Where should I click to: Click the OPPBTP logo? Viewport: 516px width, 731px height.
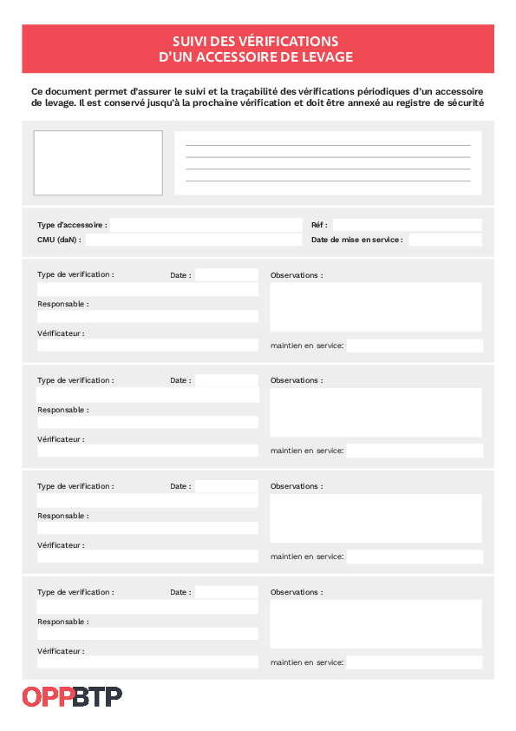coord(72,696)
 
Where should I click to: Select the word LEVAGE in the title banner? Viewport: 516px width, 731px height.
coord(330,56)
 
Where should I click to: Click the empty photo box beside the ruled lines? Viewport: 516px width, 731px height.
coord(98,162)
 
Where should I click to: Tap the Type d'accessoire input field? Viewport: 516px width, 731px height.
coord(205,225)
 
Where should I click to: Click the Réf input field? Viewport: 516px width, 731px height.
coord(407,225)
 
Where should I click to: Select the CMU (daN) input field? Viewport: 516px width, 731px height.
coord(193,240)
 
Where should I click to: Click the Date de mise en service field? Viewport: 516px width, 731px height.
coord(444,240)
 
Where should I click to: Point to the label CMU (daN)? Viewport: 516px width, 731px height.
coord(59,240)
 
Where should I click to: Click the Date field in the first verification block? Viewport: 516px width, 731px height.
coord(226,275)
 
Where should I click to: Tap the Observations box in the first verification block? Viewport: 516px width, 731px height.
coord(376,306)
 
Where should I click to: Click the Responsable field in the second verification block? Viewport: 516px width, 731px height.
coord(147,422)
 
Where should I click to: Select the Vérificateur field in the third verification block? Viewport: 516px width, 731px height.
coord(147,556)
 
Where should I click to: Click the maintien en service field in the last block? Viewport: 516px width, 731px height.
coord(415,662)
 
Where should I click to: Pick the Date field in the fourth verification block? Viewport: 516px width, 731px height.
coord(226,592)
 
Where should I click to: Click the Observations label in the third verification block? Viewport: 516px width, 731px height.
coord(297,486)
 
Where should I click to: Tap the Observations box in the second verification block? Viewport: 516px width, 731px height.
coord(376,412)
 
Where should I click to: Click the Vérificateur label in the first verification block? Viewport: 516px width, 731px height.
coord(61,333)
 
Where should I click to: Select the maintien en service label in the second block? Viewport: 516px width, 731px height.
coord(307,451)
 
